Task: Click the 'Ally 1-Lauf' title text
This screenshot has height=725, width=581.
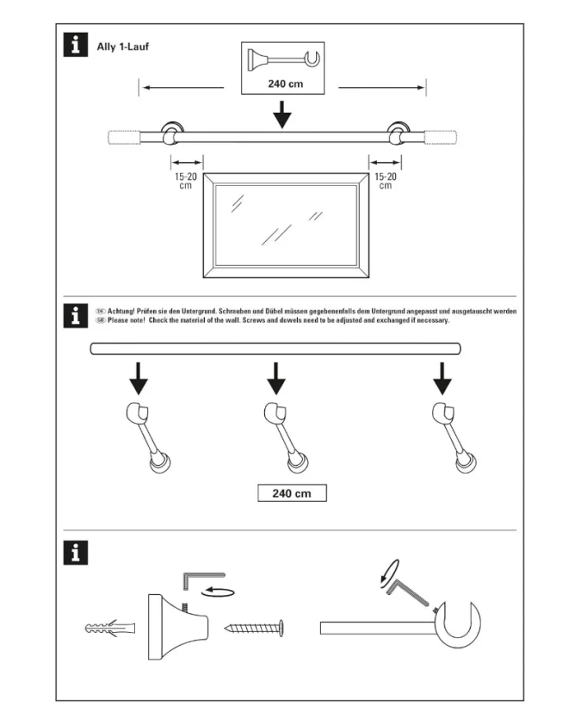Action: click(123, 46)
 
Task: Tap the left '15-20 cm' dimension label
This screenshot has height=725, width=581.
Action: click(185, 181)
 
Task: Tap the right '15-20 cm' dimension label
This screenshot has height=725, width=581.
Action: click(385, 181)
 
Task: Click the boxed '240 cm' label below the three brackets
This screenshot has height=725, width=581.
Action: click(292, 493)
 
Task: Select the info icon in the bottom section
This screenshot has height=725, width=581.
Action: click(77, 553)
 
